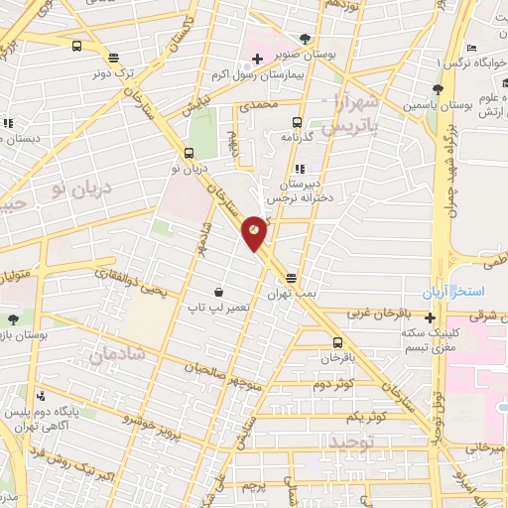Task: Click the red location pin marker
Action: pyautogui.click(x=255, y=232)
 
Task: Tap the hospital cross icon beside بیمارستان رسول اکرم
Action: pyautogui.click(x=257, y=59)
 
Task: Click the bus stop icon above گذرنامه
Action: pyautogui.click(x=296, y=123)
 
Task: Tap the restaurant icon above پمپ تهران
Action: pyautogui.click(x=291, y=279)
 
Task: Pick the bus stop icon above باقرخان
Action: pyautogui.click(x=337, y=340)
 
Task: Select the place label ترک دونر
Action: pyautogui.click(x=111, y=73)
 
